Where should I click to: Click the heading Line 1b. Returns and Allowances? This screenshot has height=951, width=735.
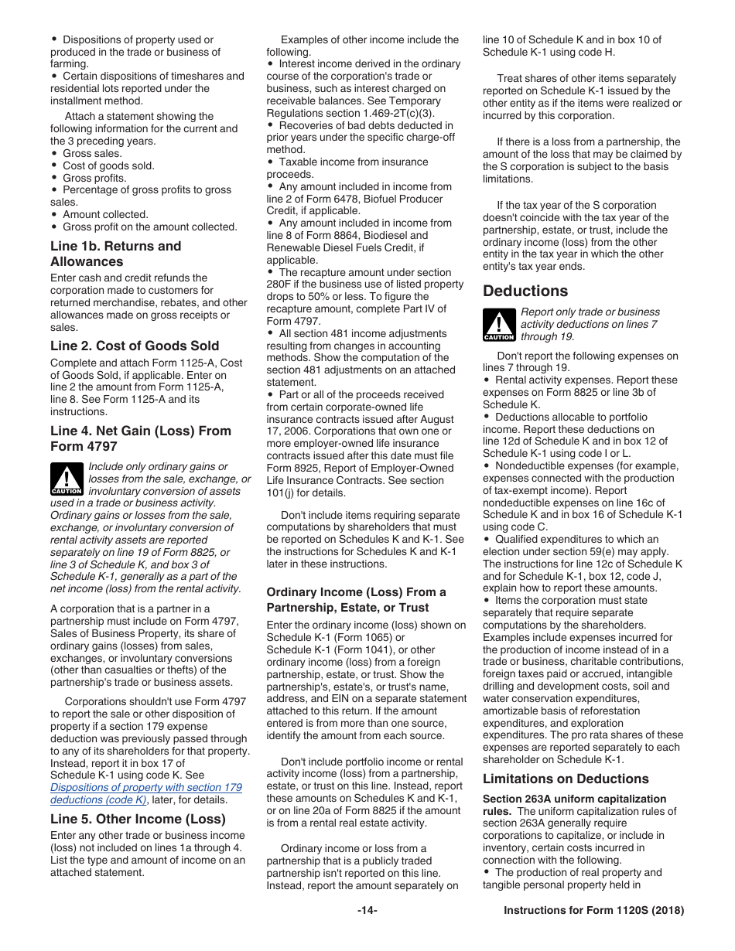[x=115, y=254]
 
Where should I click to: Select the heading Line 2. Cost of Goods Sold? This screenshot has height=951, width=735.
[x=135, y=346]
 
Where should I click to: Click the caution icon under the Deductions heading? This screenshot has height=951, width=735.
[x=499, y=324]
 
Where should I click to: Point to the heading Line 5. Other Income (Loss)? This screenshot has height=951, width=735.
[x=138, y=819]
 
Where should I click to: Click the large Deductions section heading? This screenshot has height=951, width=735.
[x=525, y=291]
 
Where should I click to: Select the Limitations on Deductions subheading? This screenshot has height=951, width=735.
[x=566, y=779]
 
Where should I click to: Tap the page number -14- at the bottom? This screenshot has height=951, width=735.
[x=367, y=910]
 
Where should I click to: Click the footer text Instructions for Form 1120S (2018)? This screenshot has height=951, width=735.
[x=593, y=910]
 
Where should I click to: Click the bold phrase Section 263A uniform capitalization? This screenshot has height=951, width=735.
[x=574, y=799]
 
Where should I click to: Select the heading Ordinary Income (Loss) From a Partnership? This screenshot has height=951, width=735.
[x=356, y=599]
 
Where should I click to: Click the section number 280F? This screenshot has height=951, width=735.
[x=280, y=285]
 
